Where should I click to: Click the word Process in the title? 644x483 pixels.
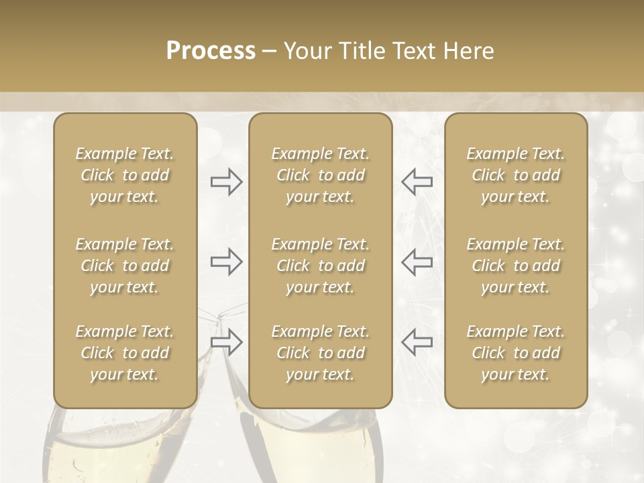point(211,51)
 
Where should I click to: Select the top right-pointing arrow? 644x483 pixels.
point(226,182)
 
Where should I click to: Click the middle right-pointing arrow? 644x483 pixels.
point(226,262)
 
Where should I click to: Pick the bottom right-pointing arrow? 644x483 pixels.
point(226,342)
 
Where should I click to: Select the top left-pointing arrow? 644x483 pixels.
point(417,182)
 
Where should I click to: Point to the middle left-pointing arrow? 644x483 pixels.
point(417,262)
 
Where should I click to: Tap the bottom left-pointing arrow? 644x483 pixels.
point(417,342)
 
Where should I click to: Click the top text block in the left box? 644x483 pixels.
point(125,175)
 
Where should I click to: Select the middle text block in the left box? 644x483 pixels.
point(125,266)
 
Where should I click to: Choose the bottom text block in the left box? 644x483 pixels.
point(125,353)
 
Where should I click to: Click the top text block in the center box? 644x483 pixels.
point(321,175)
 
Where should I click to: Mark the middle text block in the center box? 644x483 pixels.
point(321,266)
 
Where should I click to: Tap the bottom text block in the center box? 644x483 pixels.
point(321,353)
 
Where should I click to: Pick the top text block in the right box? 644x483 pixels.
point(516,175)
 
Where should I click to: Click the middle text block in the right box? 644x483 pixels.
point(516,266)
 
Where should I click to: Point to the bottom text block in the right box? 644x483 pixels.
point(516,353)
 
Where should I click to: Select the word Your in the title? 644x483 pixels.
point(307,51)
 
